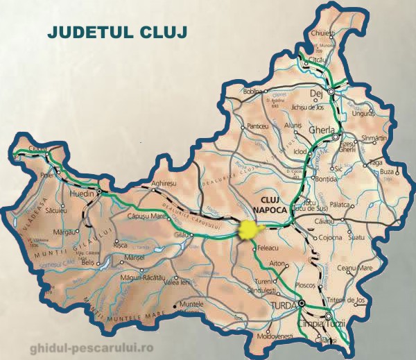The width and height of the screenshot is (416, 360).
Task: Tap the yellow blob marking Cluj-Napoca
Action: point(249,230)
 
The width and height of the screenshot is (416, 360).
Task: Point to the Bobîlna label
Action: point(254,92)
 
